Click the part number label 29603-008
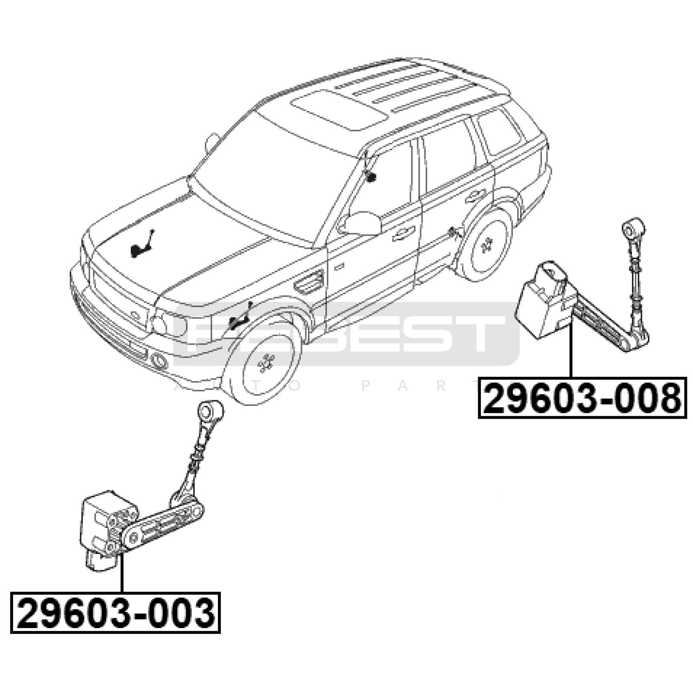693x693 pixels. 583,398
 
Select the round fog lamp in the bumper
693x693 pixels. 159,360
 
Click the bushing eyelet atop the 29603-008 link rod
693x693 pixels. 634,228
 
